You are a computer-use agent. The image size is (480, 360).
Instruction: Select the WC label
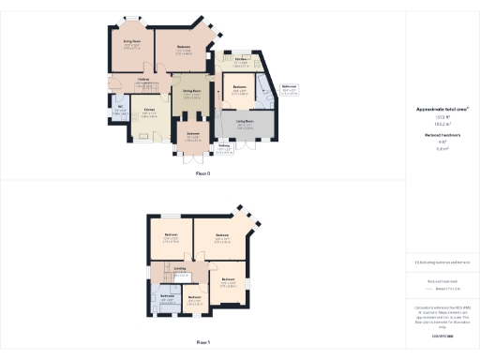tap(121, 109)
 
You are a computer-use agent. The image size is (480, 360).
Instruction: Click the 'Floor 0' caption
tap(202, 174)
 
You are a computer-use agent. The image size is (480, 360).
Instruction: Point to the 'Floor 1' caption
tap(202, 342)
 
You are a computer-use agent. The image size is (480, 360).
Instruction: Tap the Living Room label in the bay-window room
tap(131, 42)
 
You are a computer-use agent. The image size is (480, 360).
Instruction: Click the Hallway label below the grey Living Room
tap(224, 146)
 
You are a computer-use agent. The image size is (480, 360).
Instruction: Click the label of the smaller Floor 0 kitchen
tap(242, 62)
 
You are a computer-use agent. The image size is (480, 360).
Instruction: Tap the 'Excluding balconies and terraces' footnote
tap(442, 263)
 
